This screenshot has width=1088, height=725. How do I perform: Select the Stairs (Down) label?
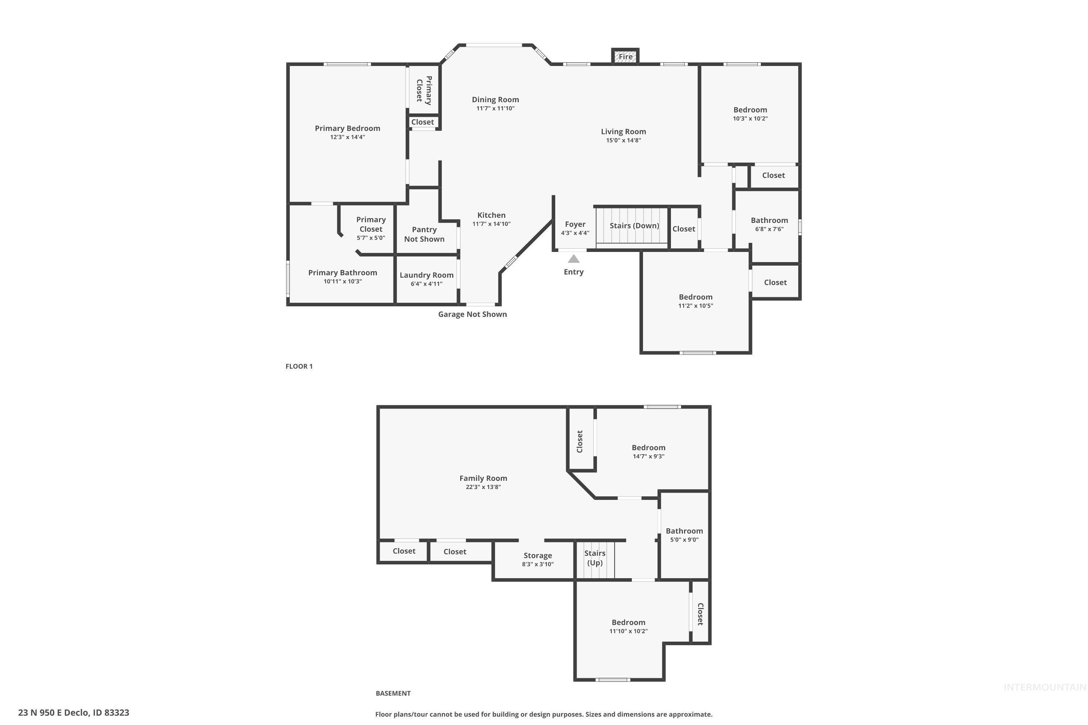pyautogui.click(x=634, y=225)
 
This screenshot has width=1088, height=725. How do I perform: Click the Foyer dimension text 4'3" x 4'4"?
pyautogui.click(x=575, y=233)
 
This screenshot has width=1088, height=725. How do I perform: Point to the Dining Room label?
pyautogui.click(x=495, y=99)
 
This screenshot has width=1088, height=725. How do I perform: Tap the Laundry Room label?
pyautogui.click(x=426, y=275)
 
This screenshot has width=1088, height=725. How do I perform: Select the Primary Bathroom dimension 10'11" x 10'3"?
pyautogui.click(x=342, y=282)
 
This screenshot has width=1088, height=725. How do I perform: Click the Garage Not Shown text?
pyautogui.click(x=472, y=314)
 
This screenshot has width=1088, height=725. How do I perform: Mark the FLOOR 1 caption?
pyautogui.click(x=299, y=366)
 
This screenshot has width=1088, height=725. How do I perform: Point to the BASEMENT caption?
pyautogui.click(x=393, y=693)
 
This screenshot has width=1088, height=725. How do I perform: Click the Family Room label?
pyautogui.click(x=483, y=478)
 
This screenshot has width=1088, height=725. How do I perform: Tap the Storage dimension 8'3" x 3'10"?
pyautogui.click(x=537, y=564)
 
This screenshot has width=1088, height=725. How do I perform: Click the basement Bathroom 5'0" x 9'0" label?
pyautogui.click(x=684, y=535)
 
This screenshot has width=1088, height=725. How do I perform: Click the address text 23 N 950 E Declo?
pyautogui.click(x=74, y=713)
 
